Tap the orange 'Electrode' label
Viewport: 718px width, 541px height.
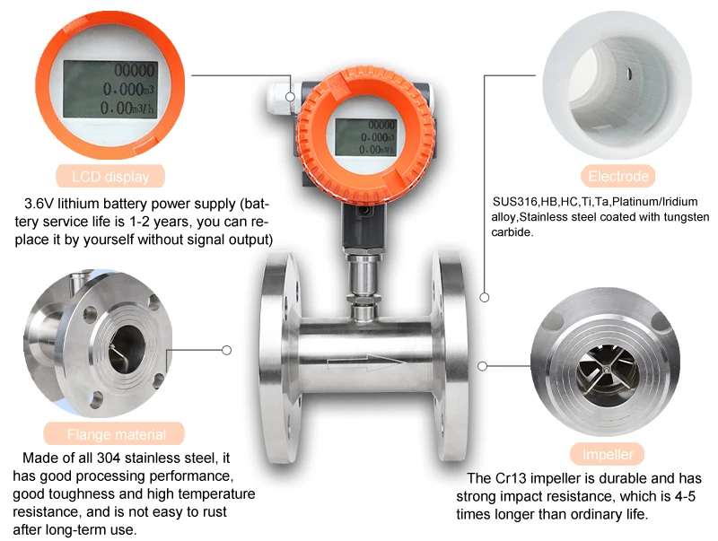617,176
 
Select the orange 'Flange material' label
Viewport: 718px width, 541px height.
116,434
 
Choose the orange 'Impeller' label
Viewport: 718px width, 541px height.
608,453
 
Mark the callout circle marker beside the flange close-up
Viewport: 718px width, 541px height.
227,350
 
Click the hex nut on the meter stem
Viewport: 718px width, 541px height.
362,266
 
